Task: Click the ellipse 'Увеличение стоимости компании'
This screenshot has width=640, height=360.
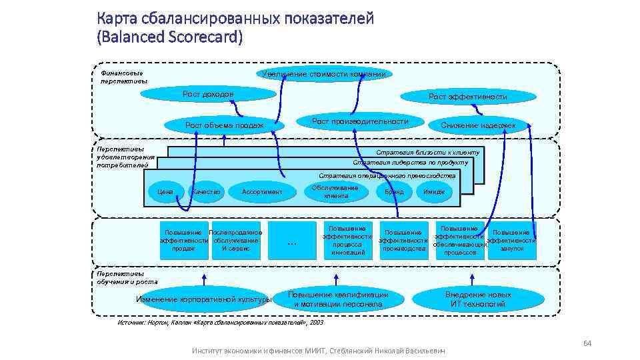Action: [324, 74]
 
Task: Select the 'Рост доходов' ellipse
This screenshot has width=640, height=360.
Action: [207, 95]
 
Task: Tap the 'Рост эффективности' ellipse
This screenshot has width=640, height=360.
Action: [467, 97]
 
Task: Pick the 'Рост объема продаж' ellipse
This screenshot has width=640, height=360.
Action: [224, 125]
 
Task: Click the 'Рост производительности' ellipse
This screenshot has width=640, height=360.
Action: [360, 121]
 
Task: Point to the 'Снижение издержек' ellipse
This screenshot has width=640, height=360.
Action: [478, 125]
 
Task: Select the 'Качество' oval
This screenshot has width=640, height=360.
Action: [206, 192]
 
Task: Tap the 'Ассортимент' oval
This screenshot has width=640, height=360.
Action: [262, 192]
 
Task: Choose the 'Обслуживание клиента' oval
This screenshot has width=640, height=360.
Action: [336, 192]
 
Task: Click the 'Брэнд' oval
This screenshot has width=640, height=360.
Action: [394, 192]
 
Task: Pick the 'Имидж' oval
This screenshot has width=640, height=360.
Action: [434, 192]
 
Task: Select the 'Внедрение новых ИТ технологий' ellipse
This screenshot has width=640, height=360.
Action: [478, 299]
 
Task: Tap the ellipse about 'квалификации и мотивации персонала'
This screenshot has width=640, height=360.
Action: [338, 299]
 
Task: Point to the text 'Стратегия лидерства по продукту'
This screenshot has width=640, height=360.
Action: [410, 162]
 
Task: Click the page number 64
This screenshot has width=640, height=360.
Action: [587, 343]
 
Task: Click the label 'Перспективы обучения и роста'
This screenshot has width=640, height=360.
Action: [120, 277]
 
